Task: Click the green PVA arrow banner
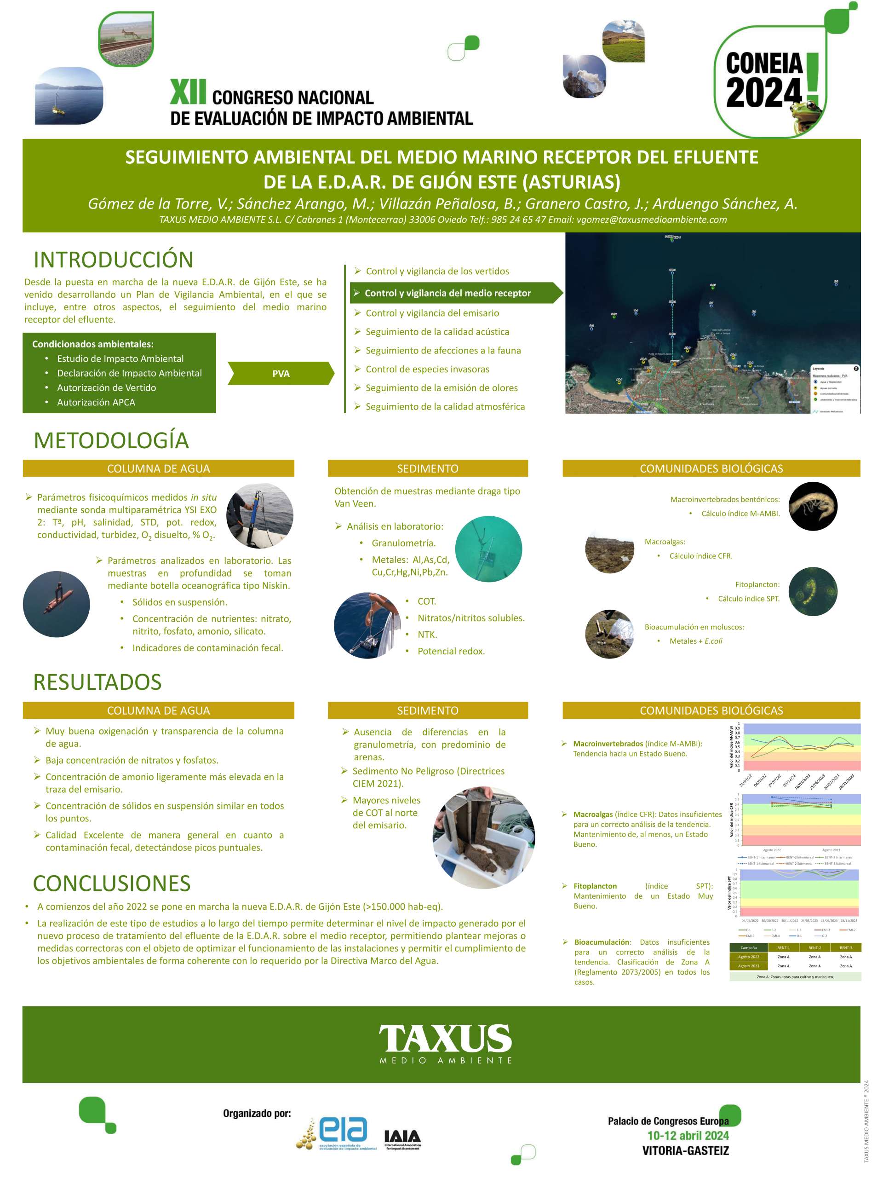coord(281,373)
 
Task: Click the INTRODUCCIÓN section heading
coord(114,260)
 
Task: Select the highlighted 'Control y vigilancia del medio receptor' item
coord(447,293)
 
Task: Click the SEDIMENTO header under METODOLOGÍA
coord(427,468)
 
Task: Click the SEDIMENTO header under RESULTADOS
coord(427,710)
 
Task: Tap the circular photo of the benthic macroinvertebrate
coord(813,506)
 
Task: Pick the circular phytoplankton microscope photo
coord(813,592)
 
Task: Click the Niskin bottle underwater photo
coord(57,604)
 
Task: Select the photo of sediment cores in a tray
coord(483,837)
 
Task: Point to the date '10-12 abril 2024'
coord(688,1135)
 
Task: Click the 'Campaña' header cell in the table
coord(748,947)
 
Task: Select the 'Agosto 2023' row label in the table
coord(748,965)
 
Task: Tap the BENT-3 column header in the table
coord(846,947)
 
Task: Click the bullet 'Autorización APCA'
coord(96,402)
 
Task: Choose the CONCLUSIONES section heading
coord(112,883)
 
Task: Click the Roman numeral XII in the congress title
coord(188,92)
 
